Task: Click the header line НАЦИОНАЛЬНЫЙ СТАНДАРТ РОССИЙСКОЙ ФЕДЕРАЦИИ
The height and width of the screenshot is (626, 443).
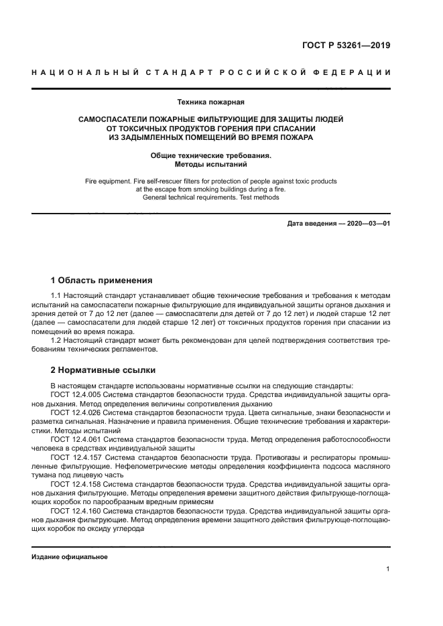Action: pyautogui.click(x=211, y=72)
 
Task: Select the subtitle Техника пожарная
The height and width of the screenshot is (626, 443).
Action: pyautogui.click(x=210, y=102)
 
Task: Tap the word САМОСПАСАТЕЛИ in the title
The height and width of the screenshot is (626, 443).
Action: pyautogui.click(x=116, y=119)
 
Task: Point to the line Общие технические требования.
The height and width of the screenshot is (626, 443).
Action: pyautogui.click(x=210, y=155)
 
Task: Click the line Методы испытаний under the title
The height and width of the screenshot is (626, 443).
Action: pyautogui.click(x=210, y=164)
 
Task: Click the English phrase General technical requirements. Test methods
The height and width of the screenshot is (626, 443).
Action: pyautogui.click(x=210, y=198)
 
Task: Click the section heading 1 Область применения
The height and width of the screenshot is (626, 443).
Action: pyautogui.click(x=102, y=281)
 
